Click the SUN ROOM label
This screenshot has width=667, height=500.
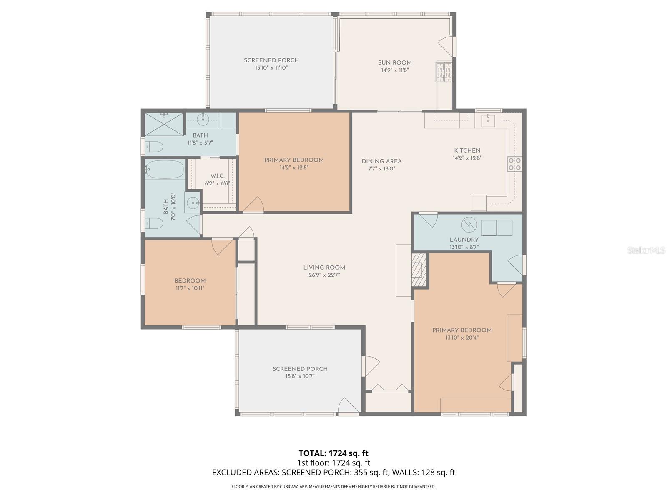tap(394, 63)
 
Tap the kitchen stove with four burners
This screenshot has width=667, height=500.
tap(514, 164)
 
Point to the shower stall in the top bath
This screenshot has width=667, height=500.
tap(164, 124)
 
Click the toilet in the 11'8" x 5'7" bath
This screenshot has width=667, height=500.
tap(154, 147)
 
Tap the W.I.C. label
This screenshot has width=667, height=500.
tap(217, 176)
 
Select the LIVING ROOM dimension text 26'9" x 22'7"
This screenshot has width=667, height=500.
tap(324, 275)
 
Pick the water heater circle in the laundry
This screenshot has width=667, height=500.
tap(469, 225)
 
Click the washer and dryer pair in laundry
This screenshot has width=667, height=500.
tap(496, 228)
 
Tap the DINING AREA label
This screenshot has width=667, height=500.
tap(381, 161)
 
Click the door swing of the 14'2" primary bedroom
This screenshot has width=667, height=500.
tap(255, 205)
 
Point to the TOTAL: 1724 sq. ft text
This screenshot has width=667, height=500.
tap(333, 453)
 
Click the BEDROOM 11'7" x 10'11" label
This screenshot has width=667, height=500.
tap(190, 281)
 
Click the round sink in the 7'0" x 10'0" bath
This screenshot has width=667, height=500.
tap(193, 203)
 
